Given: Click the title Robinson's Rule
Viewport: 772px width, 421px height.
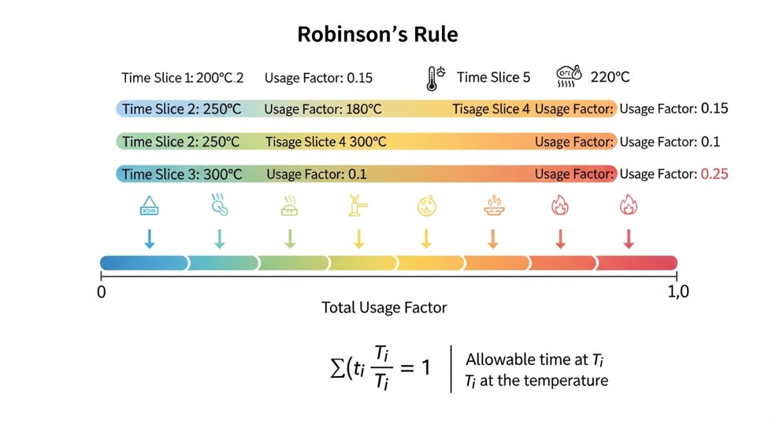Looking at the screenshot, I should point(378,34).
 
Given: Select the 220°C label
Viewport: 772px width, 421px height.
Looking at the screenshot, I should point(610,77).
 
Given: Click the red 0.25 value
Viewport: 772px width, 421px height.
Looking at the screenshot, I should point(715,174).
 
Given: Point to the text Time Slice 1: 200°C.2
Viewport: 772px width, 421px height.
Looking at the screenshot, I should point(183,78).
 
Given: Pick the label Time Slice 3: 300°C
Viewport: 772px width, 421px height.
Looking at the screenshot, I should point(182,174).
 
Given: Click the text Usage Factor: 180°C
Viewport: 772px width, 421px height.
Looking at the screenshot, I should point(322,109).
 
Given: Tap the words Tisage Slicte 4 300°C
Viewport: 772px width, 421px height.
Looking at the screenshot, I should point(326,142).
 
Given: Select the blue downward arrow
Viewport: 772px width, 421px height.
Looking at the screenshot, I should point(149,238).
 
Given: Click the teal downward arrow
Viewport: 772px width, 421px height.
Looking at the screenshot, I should point(219,238).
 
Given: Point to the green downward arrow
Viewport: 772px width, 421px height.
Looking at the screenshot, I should point(289,238).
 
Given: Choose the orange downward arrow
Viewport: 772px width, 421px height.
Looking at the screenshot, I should point(493,238).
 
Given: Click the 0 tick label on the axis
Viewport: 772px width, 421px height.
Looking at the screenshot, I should point(101,292).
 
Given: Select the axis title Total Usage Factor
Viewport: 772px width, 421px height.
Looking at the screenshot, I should point(384,308).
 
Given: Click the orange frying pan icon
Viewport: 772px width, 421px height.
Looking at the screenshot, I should point(493,206).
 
